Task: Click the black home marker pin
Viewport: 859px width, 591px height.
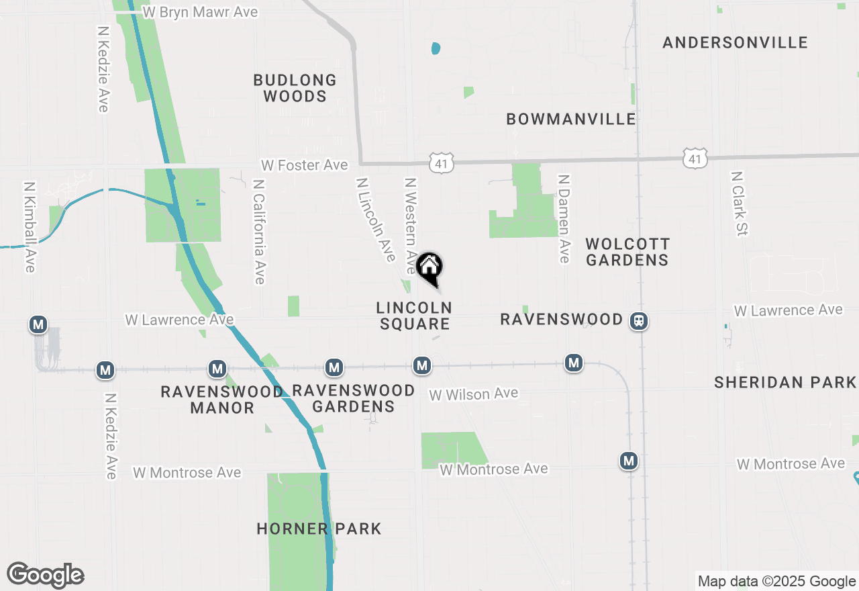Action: [x=429, y=267]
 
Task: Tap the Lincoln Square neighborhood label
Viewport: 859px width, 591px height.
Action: [x=414, y=316]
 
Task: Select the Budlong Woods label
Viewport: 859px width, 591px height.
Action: [x=295, y=88]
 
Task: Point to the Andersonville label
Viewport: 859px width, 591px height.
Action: [x=735, y=43]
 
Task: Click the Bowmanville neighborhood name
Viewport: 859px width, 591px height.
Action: [x=571, y=120]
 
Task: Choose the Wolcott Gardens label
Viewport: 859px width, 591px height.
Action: [x=627, y=252]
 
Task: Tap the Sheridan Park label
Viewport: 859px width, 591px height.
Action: [x=785, y=383]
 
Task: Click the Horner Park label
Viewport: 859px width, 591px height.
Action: [x=319, y=529]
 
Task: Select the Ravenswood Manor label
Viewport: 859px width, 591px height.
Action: [x=221, y=400]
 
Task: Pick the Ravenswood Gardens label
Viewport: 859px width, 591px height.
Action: [x=353, y=398]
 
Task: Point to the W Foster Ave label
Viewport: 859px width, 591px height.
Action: [x=305, y=165]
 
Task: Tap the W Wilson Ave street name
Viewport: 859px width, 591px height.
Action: [x=474, y=394]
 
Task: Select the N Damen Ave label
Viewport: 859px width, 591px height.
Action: [x=564, y=219]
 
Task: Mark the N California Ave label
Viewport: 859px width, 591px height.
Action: [x=258, y=232]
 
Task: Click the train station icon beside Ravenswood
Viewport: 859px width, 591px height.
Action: [x=638, y=321]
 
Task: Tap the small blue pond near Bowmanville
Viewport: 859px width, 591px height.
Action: [x=436, y=48]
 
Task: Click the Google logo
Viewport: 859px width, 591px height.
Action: [x=46, y=575]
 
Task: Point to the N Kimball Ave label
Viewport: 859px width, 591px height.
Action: [x=29, y=227]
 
